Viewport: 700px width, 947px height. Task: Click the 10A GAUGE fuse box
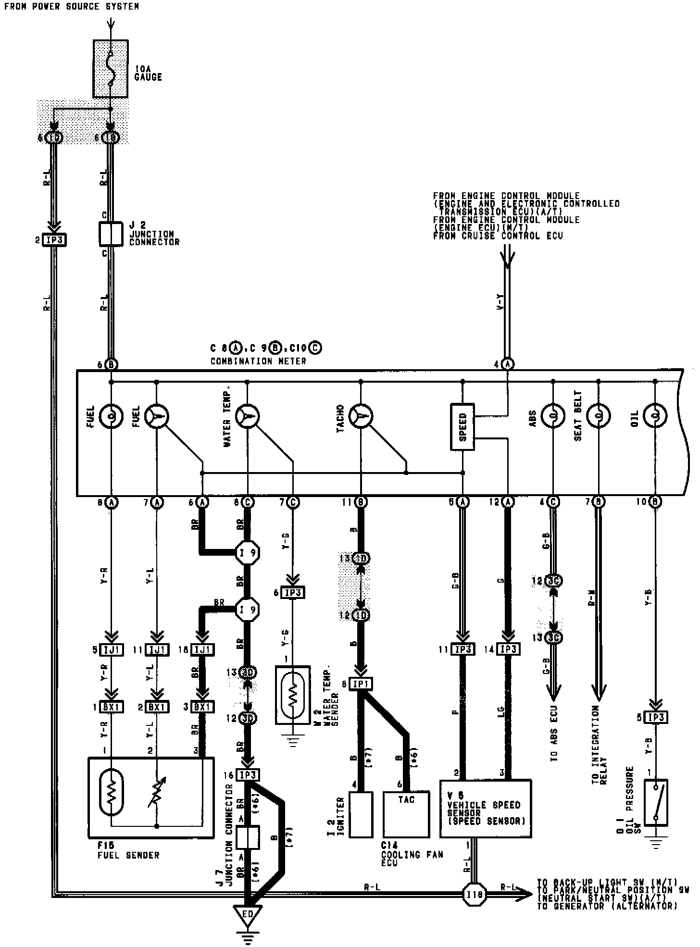[110, 69]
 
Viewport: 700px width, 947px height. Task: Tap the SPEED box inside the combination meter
[462, 427]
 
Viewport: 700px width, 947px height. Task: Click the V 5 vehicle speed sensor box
[486, 809]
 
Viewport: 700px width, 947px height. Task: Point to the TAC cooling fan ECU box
[406, 814]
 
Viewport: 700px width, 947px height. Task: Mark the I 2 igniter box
[361, 814]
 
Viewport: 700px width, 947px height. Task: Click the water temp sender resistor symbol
[292, 694]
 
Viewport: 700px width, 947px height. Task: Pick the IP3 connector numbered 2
[54, 239]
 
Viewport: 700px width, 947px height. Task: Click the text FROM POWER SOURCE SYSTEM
[72, 7]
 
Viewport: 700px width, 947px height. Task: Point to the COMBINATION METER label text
[258, 361]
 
